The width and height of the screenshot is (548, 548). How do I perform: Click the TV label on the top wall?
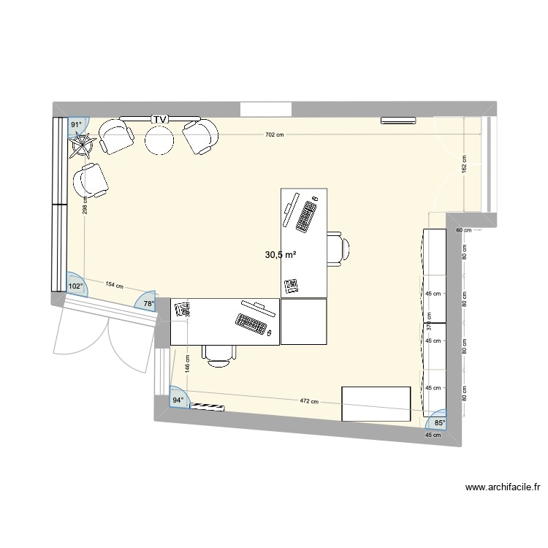159,118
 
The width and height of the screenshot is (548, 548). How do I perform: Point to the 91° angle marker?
76,125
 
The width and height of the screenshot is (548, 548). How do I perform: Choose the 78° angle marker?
149,303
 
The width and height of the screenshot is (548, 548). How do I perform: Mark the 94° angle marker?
178,400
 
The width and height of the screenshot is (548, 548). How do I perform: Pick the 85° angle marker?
438,422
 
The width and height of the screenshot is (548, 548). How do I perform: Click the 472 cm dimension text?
309,401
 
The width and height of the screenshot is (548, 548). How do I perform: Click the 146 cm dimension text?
187,365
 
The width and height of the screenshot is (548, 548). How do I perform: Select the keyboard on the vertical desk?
305,216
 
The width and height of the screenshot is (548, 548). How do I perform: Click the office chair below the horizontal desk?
219,354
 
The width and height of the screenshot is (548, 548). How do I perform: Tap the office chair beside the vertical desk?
337,247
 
